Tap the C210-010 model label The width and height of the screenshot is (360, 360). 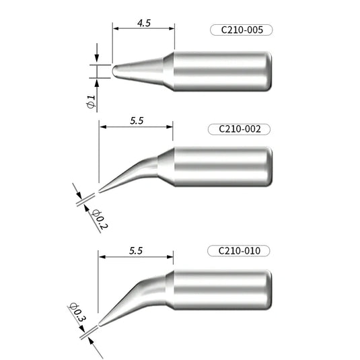coord(240,250)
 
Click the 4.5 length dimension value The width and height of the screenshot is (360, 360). coord(143,22)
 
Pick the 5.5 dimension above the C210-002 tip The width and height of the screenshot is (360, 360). coord(136,121)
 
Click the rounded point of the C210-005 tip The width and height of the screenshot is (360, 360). coord(114,70)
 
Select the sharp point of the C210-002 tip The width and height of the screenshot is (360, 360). coord(100,185)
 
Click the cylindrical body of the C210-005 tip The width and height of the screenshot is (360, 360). coord(222,69)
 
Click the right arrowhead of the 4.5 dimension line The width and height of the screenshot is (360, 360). coord(172,28)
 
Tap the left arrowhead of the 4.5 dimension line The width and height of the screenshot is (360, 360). coord(116,28)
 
